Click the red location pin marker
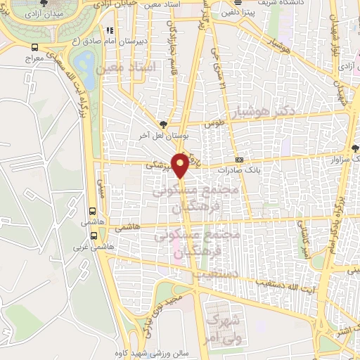(181, 165)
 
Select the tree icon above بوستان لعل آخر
(163, 124)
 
